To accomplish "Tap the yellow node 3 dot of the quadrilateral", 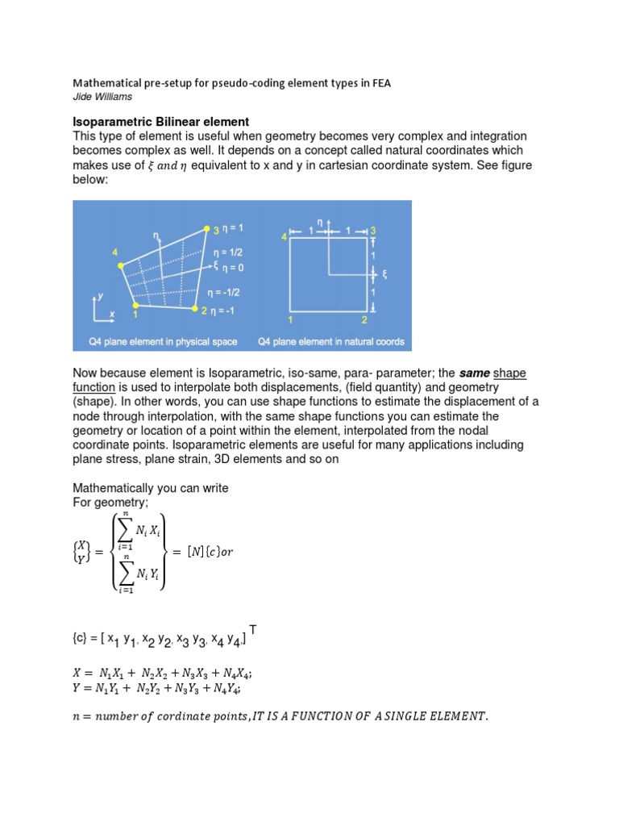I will click(x=206, y=228).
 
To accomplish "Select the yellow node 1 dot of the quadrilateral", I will click(x=135, y=306).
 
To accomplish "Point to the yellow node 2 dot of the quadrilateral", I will click(x=195, y=308).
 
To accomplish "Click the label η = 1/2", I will click(x=228, y=252).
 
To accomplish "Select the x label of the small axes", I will click(x=111, y=313).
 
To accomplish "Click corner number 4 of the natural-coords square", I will click(x=284, y=236).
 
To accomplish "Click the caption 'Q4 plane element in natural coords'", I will click(x=330, y=342).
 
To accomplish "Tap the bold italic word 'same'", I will click(x=474, y=372).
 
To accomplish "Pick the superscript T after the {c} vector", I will click(x=253, y=628).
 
